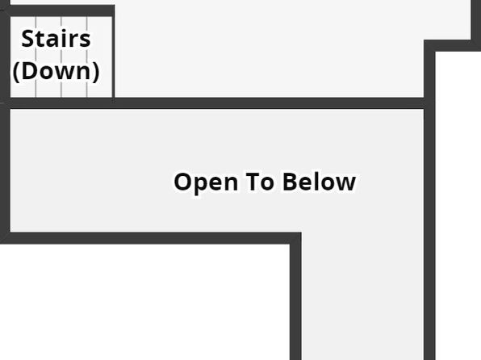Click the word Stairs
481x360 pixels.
pos(56,39)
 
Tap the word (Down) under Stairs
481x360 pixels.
pos(56,71)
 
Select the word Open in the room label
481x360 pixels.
pos(206,182)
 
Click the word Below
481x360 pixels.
pos(319,182)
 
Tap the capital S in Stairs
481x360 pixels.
pos(28,39)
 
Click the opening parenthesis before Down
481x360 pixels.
pos(16,72)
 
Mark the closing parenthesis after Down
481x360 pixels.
pos(96,72)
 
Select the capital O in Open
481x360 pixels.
pos(183,182)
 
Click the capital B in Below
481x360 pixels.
pos(290,182)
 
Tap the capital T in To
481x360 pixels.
pos(253,182)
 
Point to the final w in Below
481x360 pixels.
pos(345,183)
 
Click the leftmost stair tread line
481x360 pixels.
pos(36,57)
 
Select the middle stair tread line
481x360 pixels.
pos(61,57)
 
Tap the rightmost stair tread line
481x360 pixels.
pos(87,57)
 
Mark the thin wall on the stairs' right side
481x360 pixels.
pos(113,57)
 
